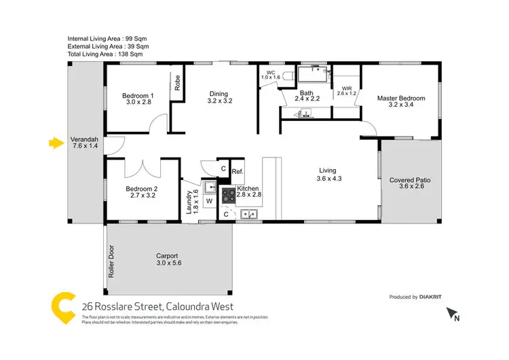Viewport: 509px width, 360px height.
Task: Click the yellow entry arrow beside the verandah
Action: [x=55, y=143]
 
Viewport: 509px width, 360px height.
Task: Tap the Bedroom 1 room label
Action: [x=138, y=99]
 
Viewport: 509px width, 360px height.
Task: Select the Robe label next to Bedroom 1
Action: [x=177, y=83]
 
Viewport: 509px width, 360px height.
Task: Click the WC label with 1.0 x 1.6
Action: [x=271, y=75]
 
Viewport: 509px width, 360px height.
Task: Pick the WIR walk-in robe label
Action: [x=347, y=91]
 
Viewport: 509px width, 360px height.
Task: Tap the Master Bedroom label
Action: [x=401, y=102]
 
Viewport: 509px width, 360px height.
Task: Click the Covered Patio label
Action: [x=410, y=183]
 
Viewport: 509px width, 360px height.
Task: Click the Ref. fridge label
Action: [x=238, y=172]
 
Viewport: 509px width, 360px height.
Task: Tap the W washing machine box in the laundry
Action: [x=209, y=202]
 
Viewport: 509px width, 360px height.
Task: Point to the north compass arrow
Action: [x=453, y=314]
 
